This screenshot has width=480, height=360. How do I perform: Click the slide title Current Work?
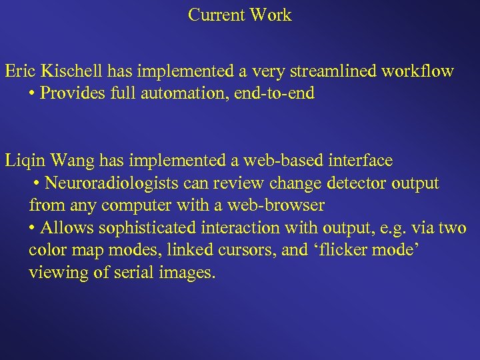coord(240,15)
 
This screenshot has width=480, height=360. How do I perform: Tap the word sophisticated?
coord(147,229)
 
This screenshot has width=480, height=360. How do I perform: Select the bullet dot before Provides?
coord(33,93)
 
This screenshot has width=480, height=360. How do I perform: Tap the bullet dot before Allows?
coord(33,229)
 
